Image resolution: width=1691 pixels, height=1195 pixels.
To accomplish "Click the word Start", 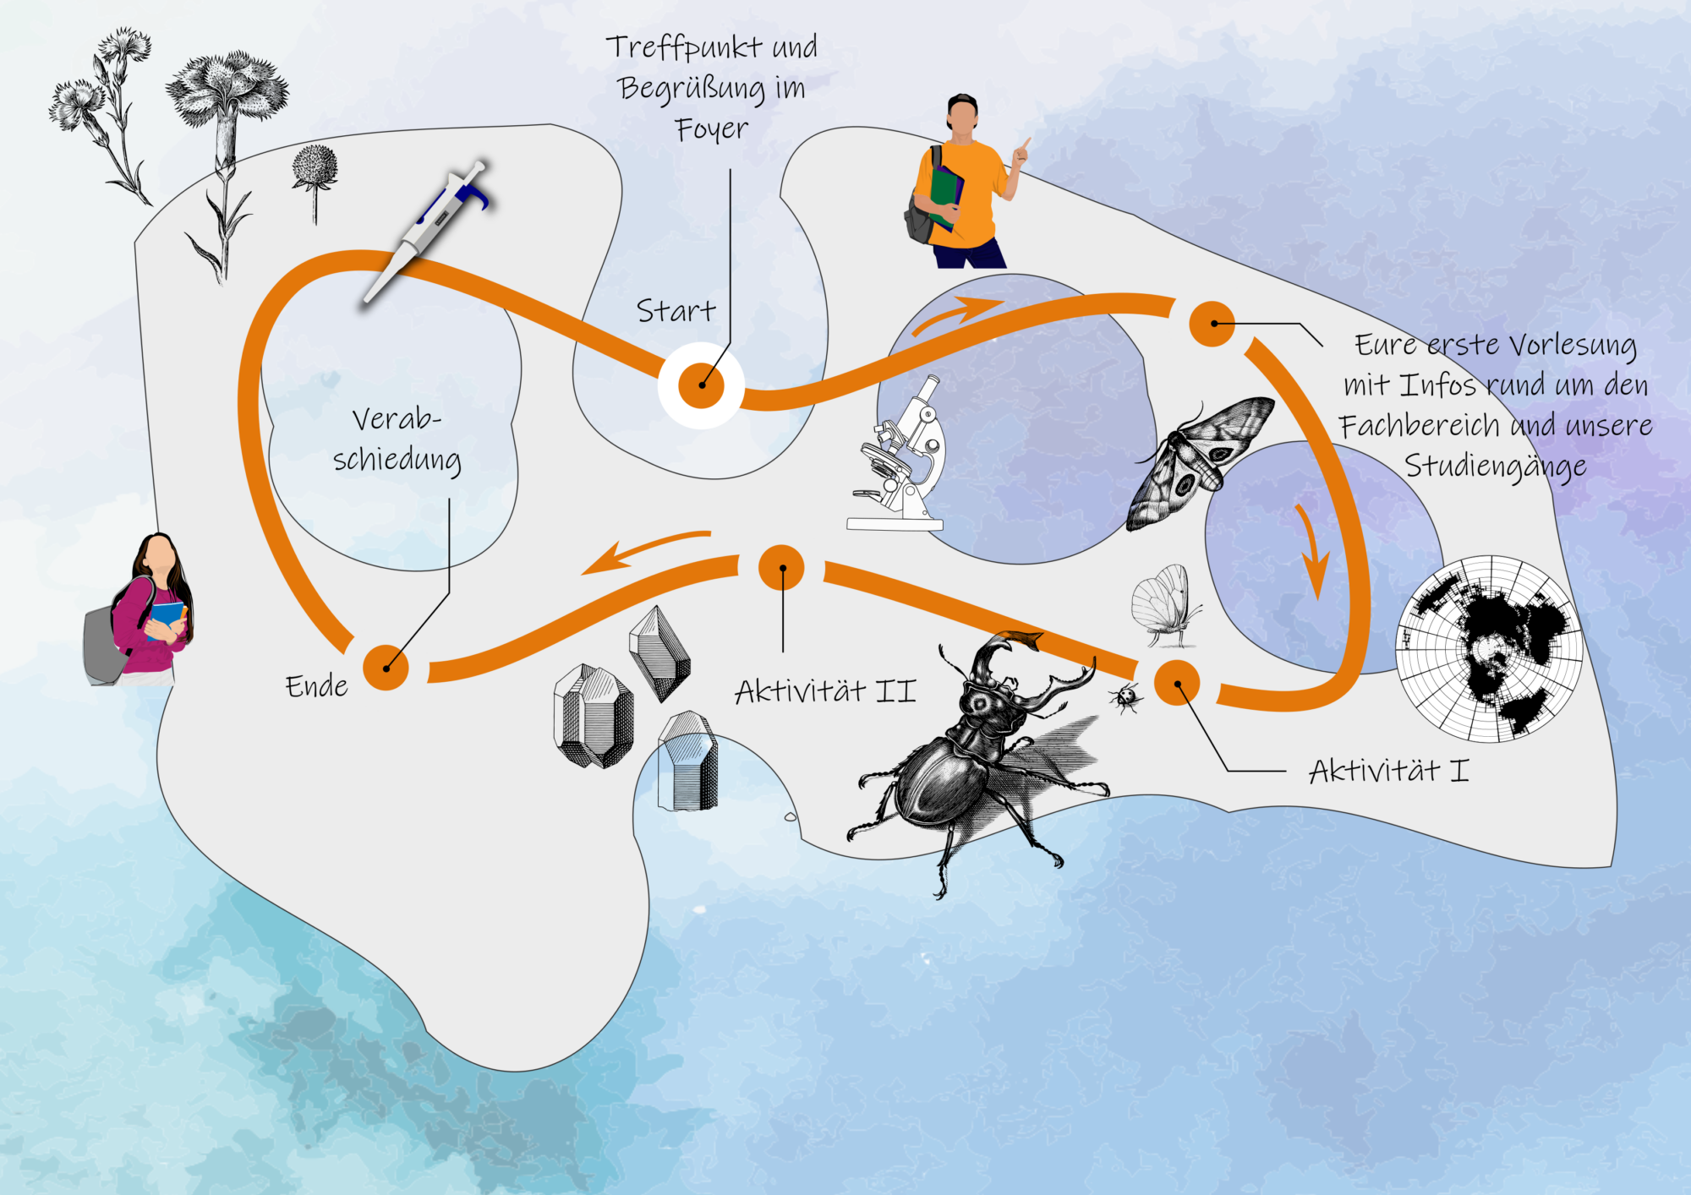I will [x=676, y=311].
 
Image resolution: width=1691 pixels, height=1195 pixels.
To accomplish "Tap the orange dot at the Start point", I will [x=702, y=385].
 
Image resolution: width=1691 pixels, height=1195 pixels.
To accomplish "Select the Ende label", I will [x=316, y=686].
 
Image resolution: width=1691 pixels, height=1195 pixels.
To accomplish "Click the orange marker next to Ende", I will [x=386, y=668].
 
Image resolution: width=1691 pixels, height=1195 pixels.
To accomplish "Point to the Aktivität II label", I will [x=825, y=692].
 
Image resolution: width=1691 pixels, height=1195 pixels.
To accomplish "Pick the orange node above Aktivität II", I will [x=782, y=568].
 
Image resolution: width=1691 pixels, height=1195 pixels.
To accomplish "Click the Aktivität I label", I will [x=1389, y=771].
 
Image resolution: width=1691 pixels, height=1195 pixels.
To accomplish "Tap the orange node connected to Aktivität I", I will [x=1176, y=682].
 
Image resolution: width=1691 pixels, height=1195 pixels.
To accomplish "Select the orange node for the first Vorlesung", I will [x=1212, y=323].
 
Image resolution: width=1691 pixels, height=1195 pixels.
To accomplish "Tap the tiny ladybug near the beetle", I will [x=1125, y=698].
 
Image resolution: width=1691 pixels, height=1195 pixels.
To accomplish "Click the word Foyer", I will [x=711, y=129].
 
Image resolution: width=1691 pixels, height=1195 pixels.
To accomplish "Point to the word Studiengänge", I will [x=1495, y=467].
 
